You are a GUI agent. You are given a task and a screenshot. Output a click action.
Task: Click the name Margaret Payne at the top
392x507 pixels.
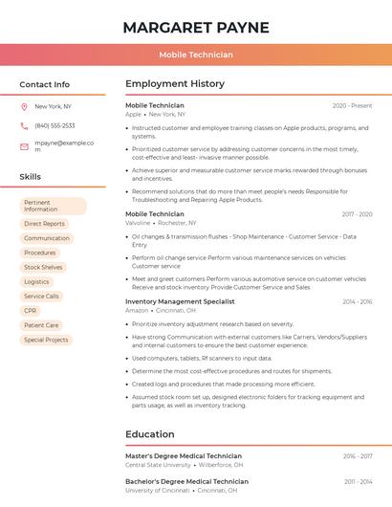196,27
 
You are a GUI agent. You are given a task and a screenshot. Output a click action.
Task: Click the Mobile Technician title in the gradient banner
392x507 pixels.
196,55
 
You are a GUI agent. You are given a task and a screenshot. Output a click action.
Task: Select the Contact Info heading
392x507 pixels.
45,84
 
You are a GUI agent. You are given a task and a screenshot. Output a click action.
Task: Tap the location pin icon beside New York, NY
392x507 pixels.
24,107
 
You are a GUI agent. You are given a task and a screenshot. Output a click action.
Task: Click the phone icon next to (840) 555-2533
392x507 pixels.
24,125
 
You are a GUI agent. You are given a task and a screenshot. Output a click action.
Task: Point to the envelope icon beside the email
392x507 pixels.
24,145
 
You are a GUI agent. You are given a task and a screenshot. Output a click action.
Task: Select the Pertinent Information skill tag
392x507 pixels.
53,206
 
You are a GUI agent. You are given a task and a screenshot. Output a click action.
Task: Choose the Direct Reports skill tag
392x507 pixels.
45,224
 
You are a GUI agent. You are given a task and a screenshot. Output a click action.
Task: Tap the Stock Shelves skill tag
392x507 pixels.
43,267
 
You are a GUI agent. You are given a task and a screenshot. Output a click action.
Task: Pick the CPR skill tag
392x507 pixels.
31,311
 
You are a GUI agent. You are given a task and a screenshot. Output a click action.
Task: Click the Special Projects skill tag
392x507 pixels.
46,340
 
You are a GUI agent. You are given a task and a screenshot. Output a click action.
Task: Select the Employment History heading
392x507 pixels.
175,84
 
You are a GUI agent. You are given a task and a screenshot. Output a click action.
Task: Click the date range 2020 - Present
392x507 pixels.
352,105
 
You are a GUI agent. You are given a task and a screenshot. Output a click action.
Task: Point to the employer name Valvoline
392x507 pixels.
138,223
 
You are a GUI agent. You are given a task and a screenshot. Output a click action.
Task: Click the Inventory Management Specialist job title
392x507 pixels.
180,301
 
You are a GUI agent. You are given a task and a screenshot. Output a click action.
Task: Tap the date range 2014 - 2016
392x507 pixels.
357,301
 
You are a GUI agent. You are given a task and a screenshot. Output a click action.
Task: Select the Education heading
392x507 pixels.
150,434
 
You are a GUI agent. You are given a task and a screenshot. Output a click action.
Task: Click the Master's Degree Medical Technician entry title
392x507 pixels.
184,456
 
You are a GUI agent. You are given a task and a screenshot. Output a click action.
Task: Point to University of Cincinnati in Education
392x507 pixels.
157,490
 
